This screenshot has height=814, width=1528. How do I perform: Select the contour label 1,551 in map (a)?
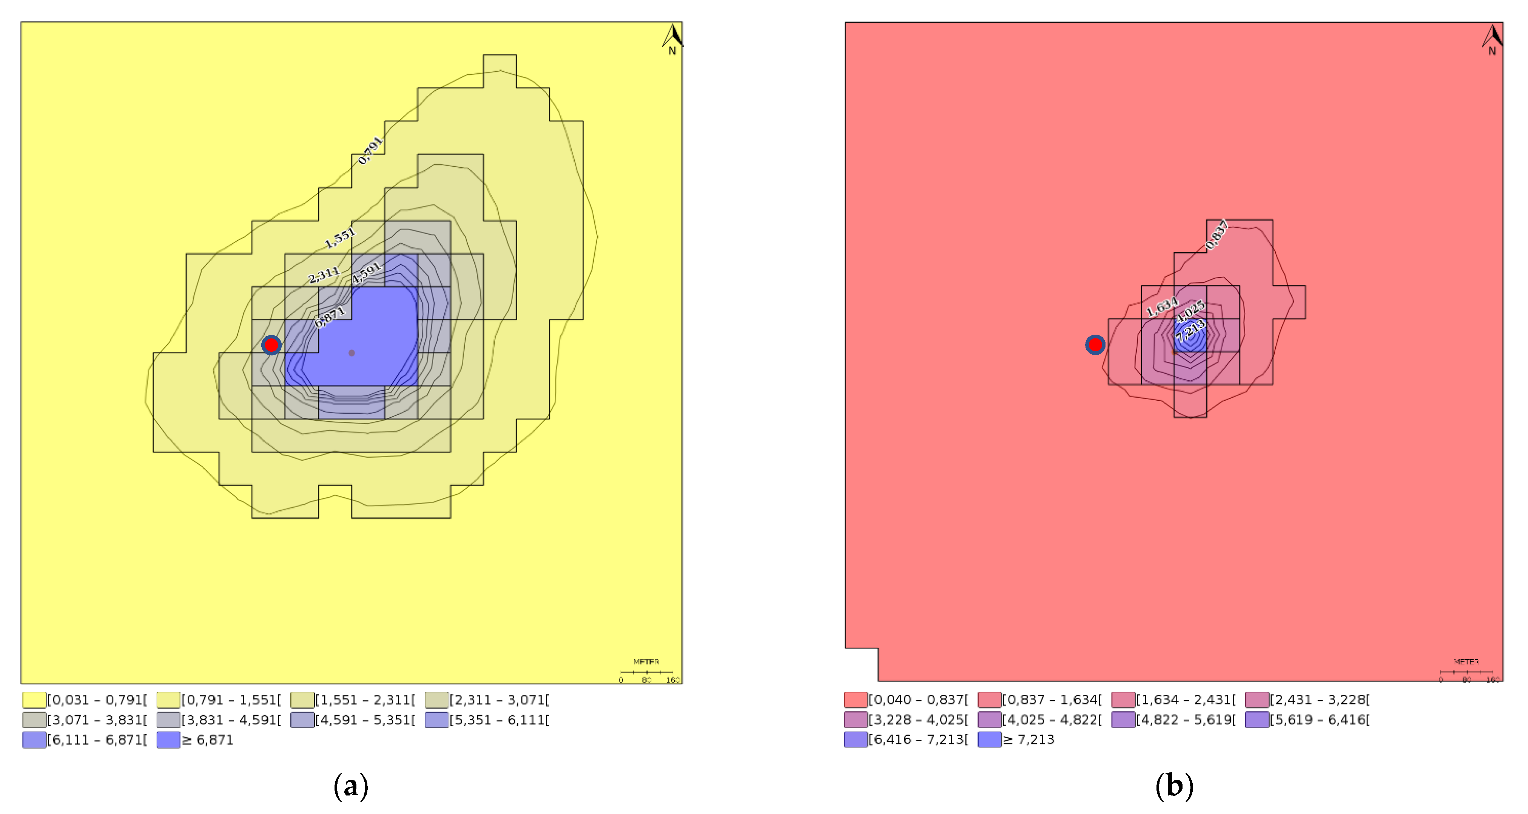(339, 238)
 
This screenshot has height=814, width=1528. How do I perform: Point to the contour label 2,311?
(323, 275)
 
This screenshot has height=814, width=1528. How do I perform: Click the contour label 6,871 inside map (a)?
(329, 317)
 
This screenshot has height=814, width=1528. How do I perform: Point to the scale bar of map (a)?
(646, 673)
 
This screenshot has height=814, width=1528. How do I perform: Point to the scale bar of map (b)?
(1466, 673)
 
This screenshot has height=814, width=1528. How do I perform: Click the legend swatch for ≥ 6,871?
(168, 740)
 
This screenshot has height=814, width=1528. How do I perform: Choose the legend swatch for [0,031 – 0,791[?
(34, 700)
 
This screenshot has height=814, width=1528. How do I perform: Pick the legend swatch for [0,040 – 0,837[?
(855, 700)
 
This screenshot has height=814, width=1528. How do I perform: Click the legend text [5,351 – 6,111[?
(500, 720)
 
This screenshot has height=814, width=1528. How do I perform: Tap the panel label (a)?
(351, 786)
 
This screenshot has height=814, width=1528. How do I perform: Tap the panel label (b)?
(1174, 786)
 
